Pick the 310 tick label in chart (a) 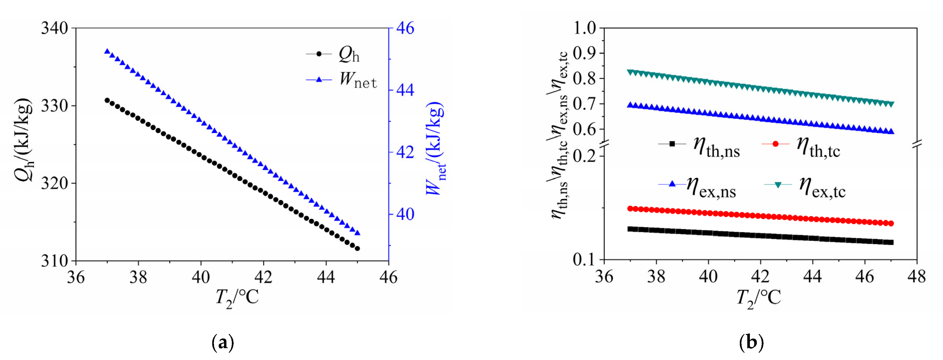click(55, 261)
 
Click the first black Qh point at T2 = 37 click(107, 100)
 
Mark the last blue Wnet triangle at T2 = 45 click(358, 233)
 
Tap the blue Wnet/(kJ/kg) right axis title click(436, 148)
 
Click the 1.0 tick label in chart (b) click(585, 28)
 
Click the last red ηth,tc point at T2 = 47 click(891, 223)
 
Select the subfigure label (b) click(751, 343)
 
